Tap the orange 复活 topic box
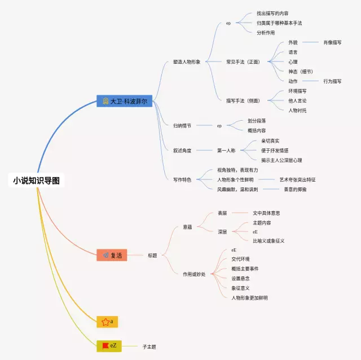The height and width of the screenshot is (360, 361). point(112,255)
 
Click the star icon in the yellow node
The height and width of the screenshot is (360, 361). point(105,322)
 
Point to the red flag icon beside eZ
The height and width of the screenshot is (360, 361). point(105,345)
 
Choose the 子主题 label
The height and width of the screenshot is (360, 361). point(149,346)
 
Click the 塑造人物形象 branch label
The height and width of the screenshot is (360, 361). point(186,62)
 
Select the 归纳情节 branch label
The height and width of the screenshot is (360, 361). point(182,126)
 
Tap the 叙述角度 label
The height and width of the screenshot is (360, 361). point(182,151)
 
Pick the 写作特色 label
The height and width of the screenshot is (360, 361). point(182,179)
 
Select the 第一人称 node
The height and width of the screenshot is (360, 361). point(226,151)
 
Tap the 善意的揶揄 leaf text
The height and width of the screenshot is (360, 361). point(295,189)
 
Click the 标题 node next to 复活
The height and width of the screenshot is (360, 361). point(152,255)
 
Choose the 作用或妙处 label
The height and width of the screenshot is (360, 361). point(194,274)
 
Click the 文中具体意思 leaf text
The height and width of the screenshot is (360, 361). point(266,213)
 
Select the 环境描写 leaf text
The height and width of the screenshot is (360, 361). point(297,91)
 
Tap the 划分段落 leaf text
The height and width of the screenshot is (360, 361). point(257,121)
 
